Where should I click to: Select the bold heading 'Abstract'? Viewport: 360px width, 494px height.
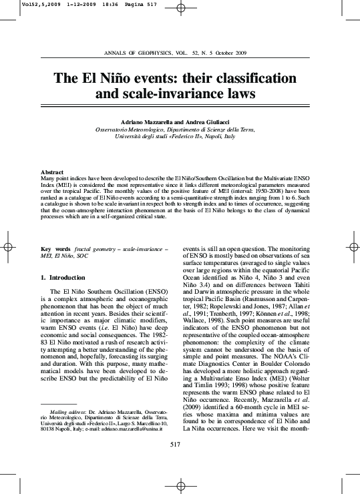[52, 172]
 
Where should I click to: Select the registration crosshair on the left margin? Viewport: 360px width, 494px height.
[9, 248]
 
